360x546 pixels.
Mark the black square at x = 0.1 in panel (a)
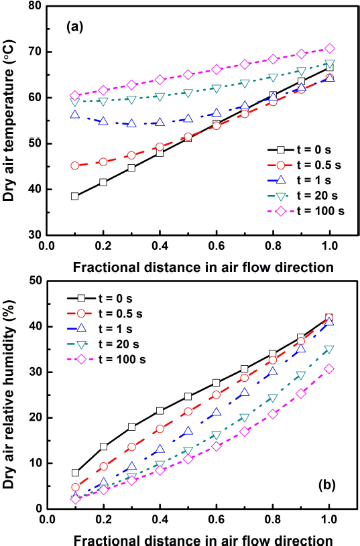point(74,196)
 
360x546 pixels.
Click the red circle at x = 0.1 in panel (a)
point(74,165)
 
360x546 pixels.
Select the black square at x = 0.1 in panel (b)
point(74,472)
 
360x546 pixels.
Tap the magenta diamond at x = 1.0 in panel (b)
point(329,368)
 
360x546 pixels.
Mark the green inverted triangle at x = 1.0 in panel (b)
point(329,349)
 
